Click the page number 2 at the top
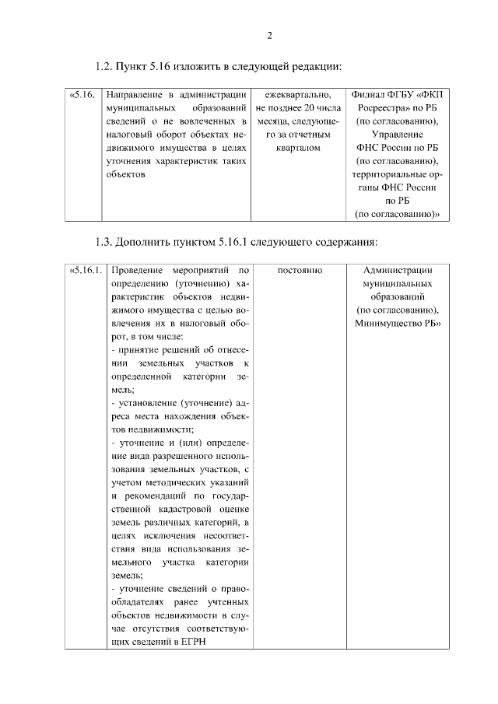[268, 35]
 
